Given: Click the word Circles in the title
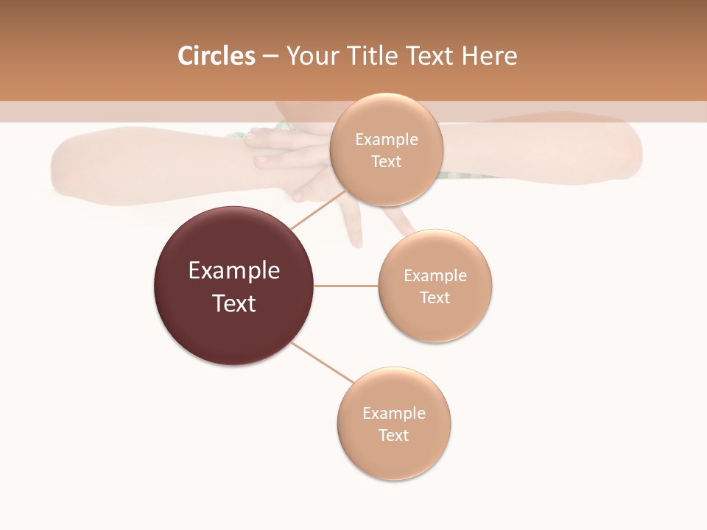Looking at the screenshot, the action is pyautogui.click(x=217, y=56).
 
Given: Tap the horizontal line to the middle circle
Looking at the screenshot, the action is pyautogui.click(x=346, y=286).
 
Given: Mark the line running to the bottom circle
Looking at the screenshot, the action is pyautogui.click(x=323, y=362).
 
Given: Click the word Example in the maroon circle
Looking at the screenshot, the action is pyautogui.click(x=234, y=271).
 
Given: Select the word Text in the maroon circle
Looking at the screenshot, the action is pyautogui.click(x=234, y=303).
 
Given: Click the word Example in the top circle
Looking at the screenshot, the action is pyautogui.click(x=387, y=140).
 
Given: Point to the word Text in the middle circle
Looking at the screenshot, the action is pyautogui.click(x=435, y=298).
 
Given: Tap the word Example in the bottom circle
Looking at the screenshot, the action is pyautogui.click(x=394, y=414).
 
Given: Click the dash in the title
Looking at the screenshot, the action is pyautogui.click(x=270, y=56).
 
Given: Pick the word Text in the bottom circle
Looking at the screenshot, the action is pyautogui.click(x=394, y=436).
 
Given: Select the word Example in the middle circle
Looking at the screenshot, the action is pyautogui.click(x=435, y=276).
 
